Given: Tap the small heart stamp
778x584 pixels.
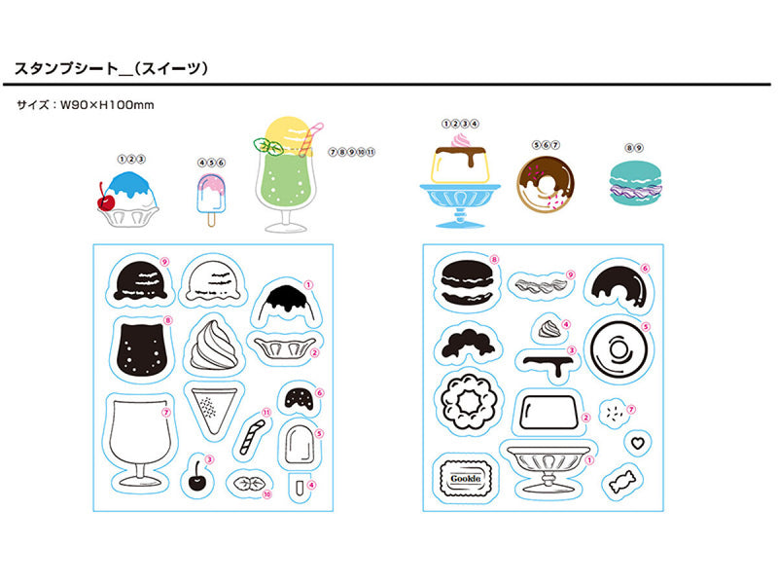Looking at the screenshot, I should [636, 442].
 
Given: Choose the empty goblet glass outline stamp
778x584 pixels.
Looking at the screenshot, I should [139, 444].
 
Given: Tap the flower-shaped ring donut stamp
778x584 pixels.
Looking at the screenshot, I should [465, 400].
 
